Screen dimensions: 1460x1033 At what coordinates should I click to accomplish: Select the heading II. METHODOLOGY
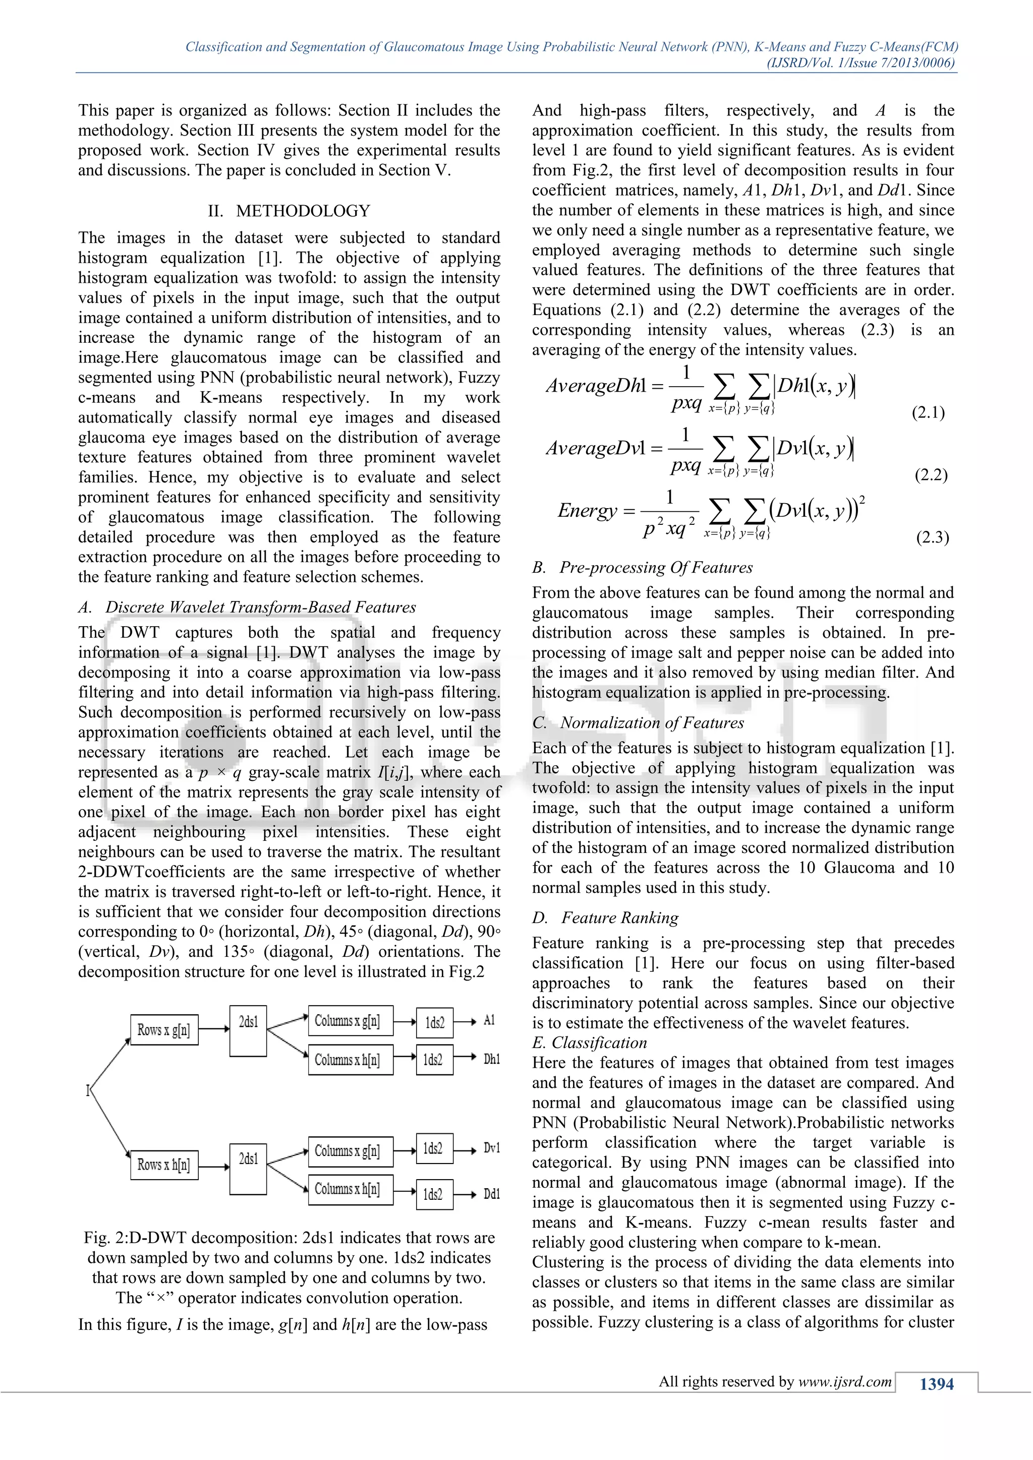(289, 210)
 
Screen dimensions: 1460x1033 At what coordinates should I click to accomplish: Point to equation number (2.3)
(932, 537)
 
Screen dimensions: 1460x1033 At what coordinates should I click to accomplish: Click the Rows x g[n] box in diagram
(164, 1029)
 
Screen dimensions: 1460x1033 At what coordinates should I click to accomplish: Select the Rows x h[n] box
(164, 1165)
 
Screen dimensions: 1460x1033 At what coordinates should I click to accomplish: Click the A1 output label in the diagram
(489, 1020)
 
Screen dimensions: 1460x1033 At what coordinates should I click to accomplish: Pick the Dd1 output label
(491, 1194)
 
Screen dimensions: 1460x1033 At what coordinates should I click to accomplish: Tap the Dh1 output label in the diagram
(491, 1059)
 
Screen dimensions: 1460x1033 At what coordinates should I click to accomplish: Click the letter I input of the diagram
(88, 1091)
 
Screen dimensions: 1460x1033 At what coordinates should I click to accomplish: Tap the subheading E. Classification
(589, 1043)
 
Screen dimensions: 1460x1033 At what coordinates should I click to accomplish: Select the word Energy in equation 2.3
(587, 511)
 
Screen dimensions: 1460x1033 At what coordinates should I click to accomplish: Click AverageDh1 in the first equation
(595, 385)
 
